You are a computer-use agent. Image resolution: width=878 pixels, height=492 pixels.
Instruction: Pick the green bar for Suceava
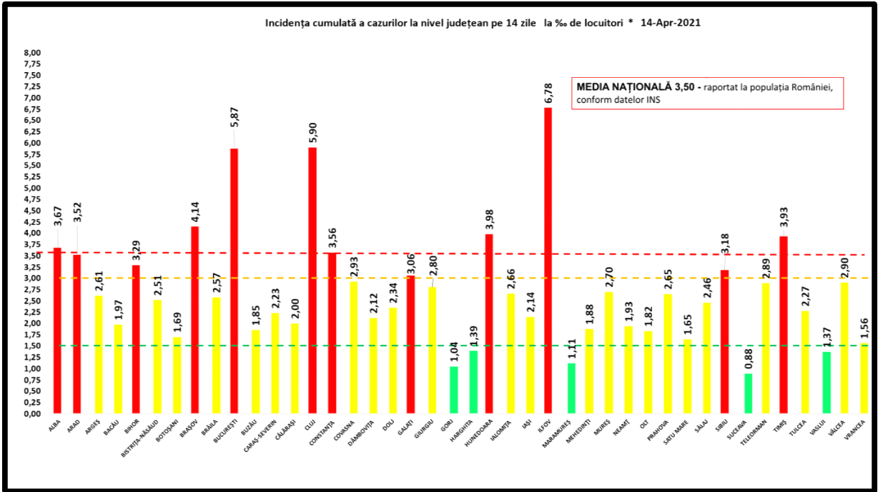[x=748, y=393]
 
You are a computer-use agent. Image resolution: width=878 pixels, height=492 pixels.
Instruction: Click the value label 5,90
[x=312, y=134]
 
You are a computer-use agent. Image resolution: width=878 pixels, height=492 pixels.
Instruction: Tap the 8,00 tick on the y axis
[x=33, y=53]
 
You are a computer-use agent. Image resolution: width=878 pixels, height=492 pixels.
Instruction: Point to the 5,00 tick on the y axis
[x=33, y=189]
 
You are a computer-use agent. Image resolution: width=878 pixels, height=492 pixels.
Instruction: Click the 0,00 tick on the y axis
[x=33, y=414]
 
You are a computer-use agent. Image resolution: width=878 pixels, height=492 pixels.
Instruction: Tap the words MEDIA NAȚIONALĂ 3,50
[x=635, y=86]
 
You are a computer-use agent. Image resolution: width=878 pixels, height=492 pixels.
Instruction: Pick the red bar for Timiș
[x=784, y=325]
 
